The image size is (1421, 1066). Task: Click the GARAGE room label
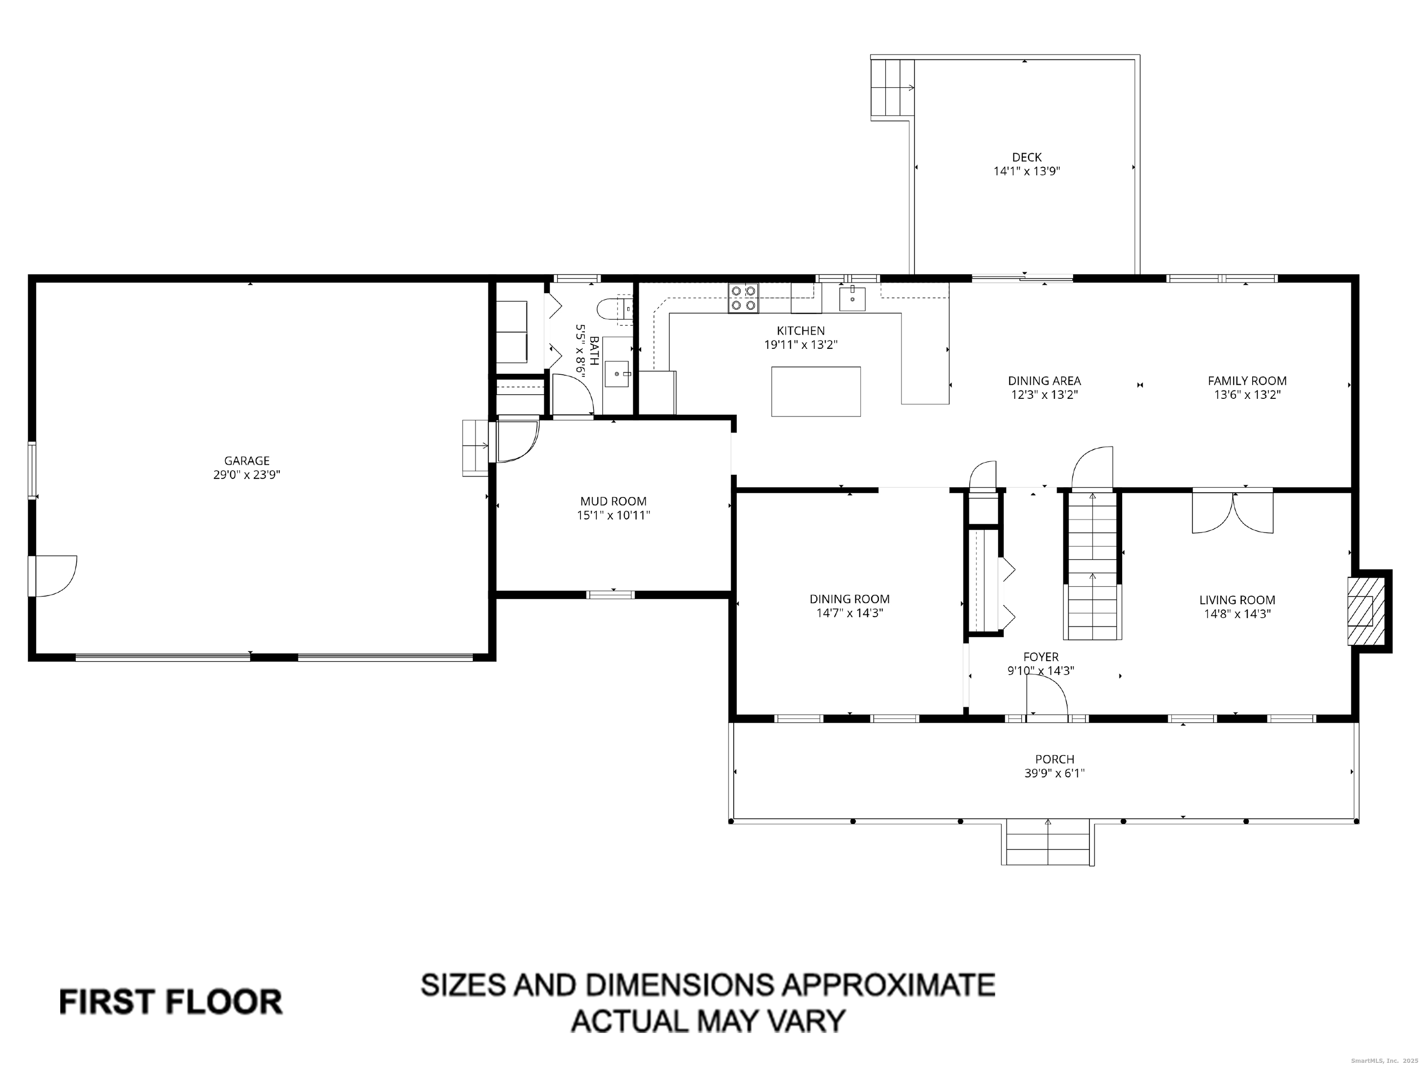pos(247,461)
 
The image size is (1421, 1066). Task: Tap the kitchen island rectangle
pos(816,391)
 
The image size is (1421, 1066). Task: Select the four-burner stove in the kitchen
pos(743,298)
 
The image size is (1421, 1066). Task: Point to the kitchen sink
pos(853,299)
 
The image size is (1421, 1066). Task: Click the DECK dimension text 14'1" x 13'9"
pos(1026,172)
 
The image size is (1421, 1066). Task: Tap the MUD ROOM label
pos(613,501)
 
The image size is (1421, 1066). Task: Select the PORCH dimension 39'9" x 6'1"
pos(1054,774)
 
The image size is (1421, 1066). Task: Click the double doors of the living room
pos(1233,511)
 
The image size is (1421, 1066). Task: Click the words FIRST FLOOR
pos(171,1003)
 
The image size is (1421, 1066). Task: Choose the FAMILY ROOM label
pos(1247,381)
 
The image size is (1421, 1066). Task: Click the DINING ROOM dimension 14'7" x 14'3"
pos(849,613)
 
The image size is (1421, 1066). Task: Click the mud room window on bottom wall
pos(611,595)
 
